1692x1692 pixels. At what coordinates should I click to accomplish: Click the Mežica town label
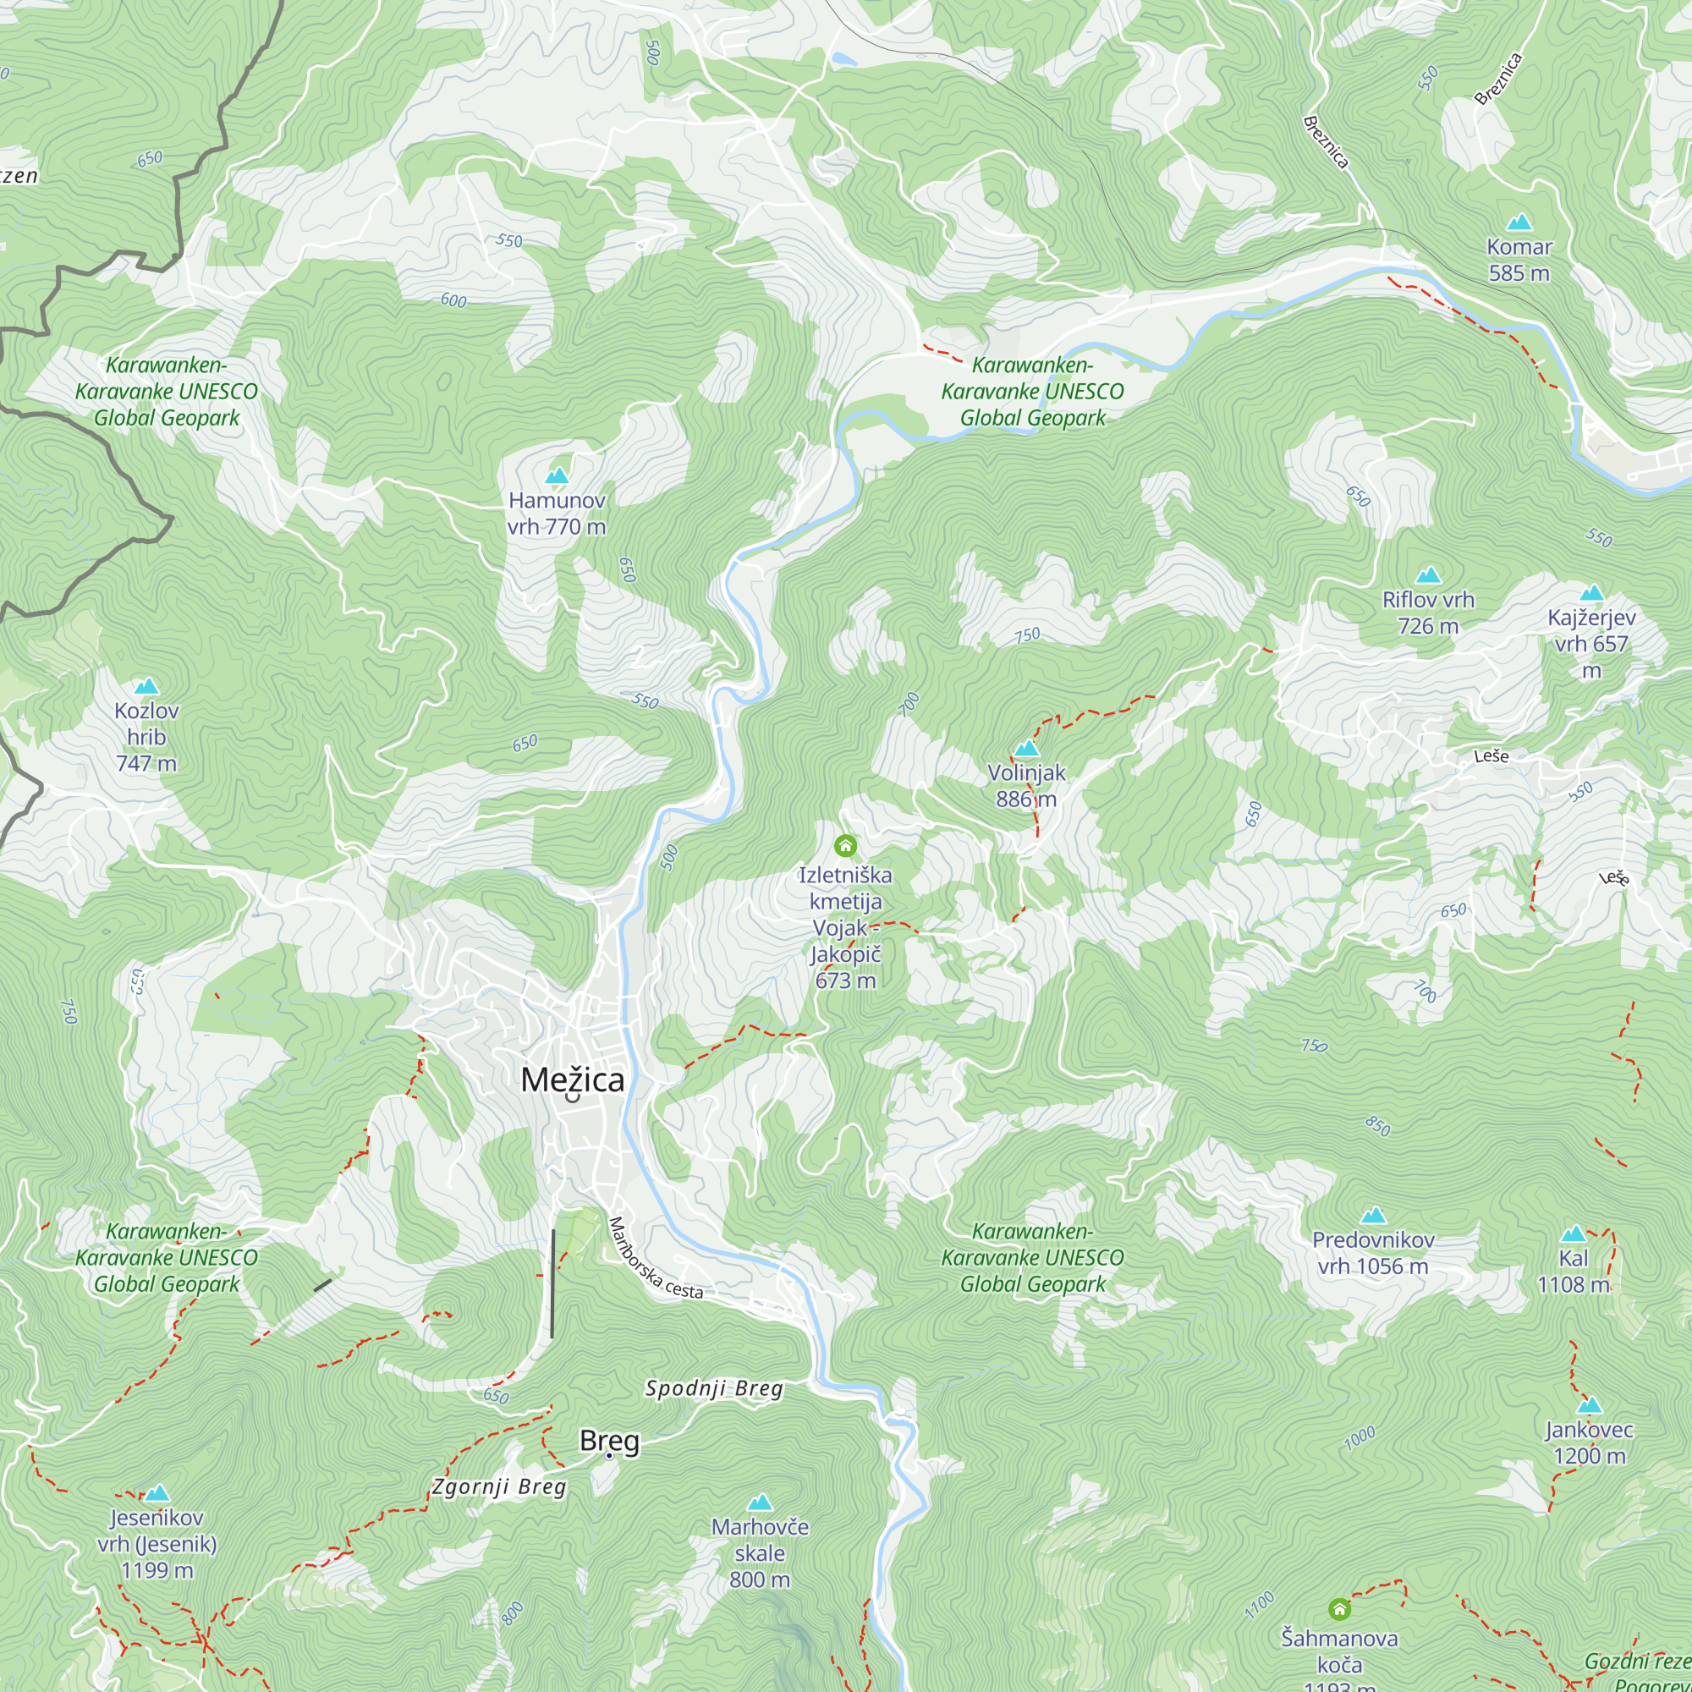[573, 1079]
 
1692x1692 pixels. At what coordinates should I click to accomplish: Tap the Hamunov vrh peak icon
[557, 476]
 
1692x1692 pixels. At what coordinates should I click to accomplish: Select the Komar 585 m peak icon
[1519, 222]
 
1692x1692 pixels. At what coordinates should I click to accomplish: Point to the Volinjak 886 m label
[1026, 786]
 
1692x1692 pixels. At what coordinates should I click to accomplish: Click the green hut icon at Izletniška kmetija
[845, 845]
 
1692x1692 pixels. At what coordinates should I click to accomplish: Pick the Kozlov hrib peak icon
[146, 687]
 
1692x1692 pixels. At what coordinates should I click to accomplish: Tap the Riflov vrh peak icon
[1428, 575]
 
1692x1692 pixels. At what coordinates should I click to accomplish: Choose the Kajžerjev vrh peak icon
[1591, 593]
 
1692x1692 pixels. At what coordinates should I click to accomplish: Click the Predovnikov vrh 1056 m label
[1373, 1252]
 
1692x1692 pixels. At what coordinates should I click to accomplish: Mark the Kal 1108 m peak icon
[1574, 1234]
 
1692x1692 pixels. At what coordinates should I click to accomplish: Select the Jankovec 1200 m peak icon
[1590, 1405]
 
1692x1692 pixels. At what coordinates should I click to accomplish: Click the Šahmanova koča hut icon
[1339, 1609]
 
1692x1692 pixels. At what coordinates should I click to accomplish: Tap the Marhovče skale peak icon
[761, 1502]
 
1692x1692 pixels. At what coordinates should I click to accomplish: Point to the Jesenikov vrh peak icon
[157, 1493]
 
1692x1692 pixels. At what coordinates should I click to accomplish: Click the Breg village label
[609, 1441]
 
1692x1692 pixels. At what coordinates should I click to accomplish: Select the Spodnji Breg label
[714, 1388]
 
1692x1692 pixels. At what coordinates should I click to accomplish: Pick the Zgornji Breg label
[499, 1487]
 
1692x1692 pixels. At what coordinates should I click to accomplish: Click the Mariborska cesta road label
[655, 1259]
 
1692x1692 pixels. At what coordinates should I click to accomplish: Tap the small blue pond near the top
[844, 59]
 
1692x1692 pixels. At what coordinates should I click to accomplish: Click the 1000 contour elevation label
[1360, 1438]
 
